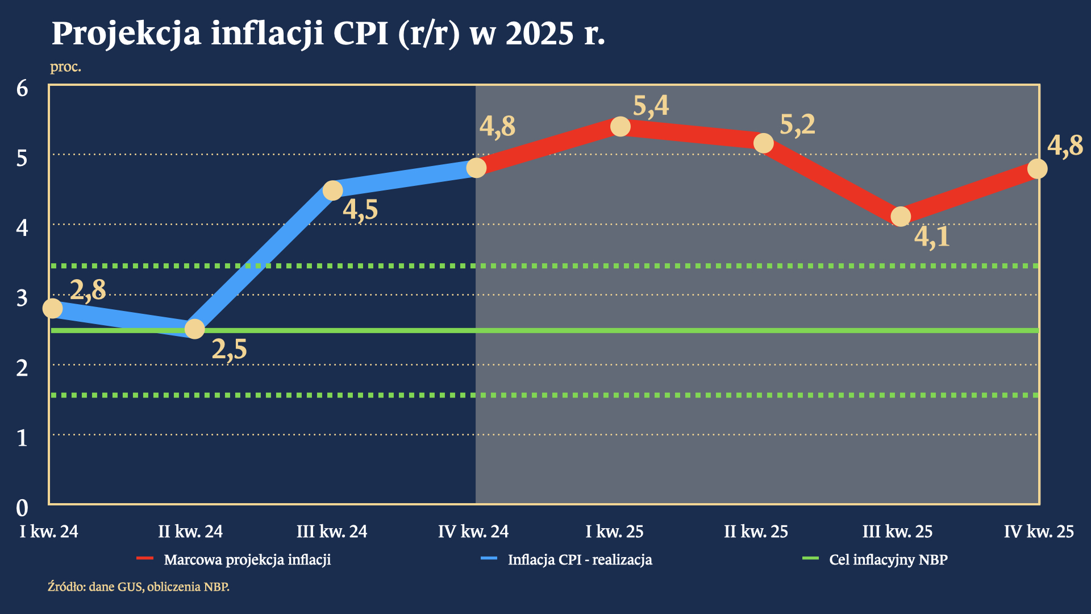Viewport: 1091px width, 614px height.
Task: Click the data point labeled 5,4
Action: [x=620, y=126]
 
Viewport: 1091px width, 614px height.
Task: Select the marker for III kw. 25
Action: [x=901, y=216]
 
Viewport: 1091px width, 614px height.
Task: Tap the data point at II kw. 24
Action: [x=194, y=329]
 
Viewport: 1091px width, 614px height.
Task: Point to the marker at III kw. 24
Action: [x=332, y=190]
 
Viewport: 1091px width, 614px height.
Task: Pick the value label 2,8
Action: [x=88, y=290]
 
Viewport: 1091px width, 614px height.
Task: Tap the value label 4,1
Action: [x=932, y=237]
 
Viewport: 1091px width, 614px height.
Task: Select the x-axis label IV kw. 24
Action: [x=473, y=532]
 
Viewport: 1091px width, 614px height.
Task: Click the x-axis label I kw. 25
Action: [x=615, y=532]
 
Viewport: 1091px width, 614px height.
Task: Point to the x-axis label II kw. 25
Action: [x=756, y=532]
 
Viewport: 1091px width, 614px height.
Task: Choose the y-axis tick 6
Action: [x=22, y=88]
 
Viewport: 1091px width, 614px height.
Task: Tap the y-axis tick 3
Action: [x=22, y=298]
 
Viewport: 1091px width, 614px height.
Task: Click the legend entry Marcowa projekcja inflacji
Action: [x=247, y=560]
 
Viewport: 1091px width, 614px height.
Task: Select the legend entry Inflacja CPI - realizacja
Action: [x=580, y=560]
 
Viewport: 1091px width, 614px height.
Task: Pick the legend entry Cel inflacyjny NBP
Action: [x=888, y=560]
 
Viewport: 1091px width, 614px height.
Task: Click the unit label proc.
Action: [x=65, y=67]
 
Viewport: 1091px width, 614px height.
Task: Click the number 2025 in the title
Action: [x=539, y=34]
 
